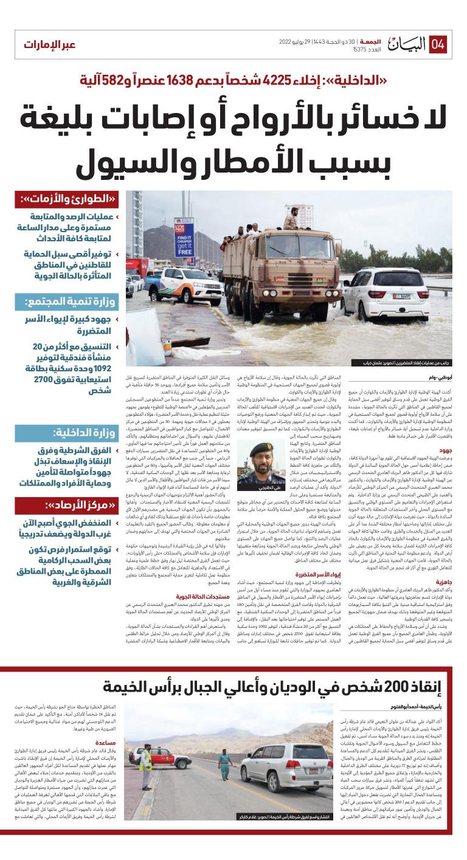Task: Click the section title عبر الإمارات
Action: [50, 46]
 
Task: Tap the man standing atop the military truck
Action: [294, 216]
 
